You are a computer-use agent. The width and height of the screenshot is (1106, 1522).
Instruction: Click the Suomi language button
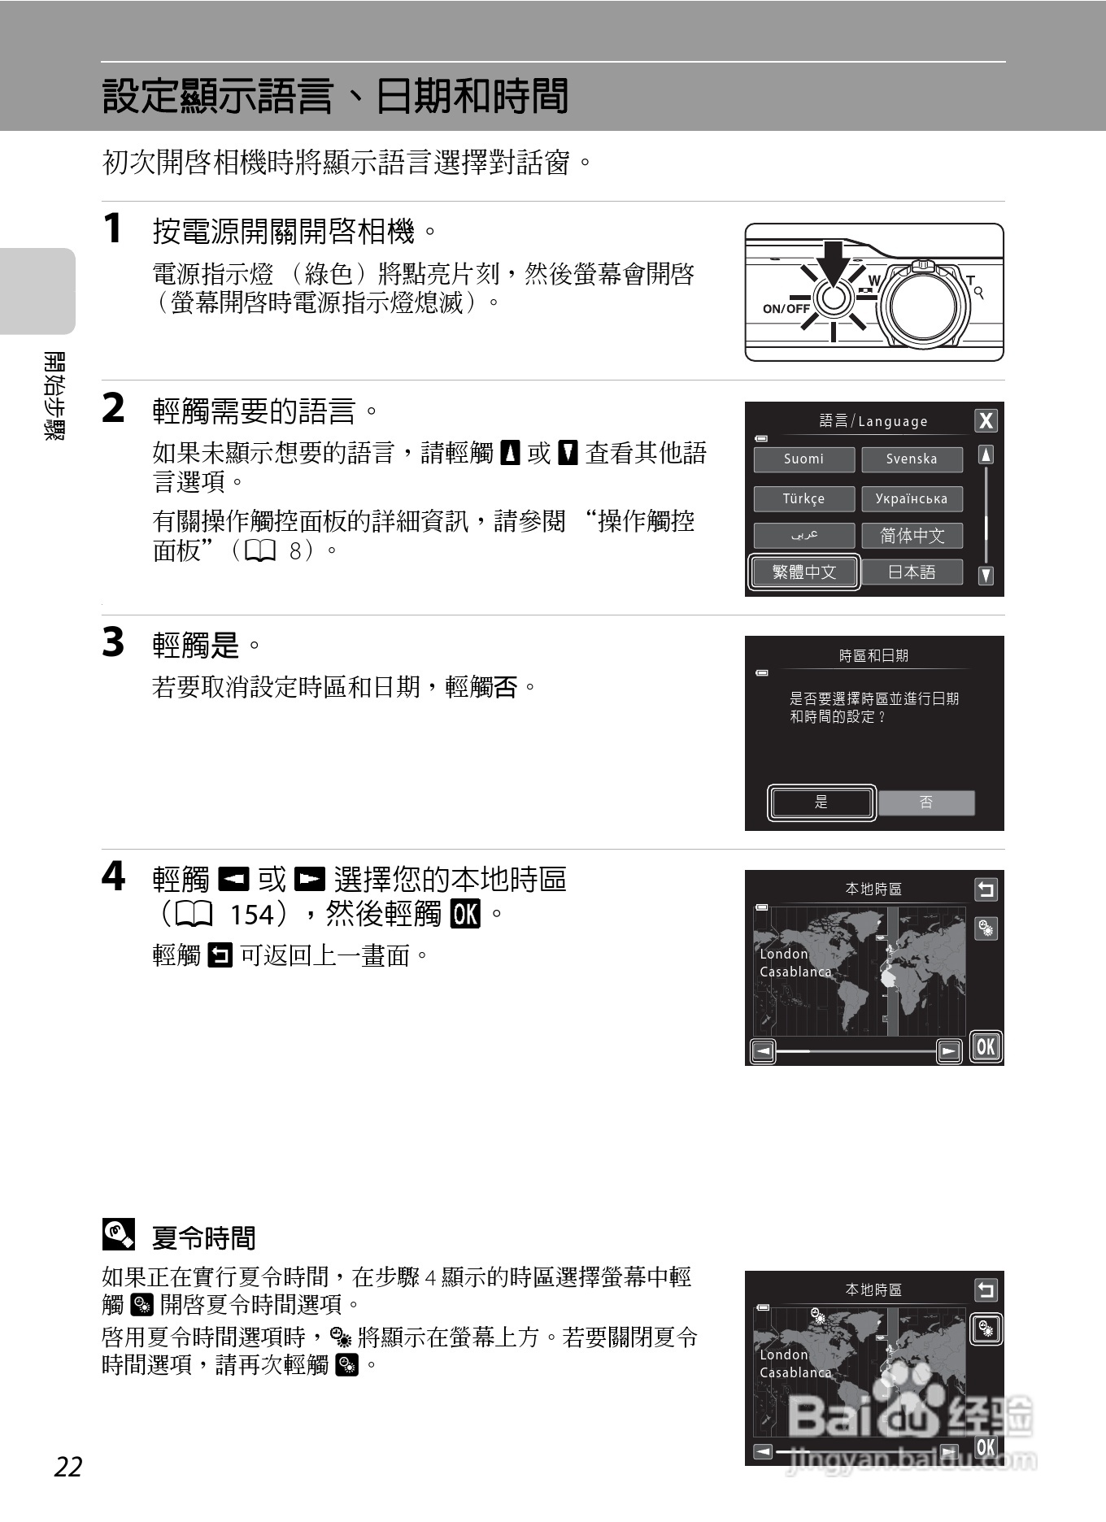(x=803, y=459)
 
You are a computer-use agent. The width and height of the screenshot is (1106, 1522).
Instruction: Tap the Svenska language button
(x=912, y=459)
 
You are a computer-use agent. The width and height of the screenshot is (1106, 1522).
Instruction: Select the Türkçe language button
(x=803, y=498)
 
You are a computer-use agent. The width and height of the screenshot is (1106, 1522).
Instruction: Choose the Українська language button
(x=912, y=498)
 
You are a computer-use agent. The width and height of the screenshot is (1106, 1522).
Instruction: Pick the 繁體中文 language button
(x=803, y=572)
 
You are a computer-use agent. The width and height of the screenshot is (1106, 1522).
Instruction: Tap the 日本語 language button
(x=912, y=572)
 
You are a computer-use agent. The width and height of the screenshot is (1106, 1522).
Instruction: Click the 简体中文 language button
(x=912, y=536)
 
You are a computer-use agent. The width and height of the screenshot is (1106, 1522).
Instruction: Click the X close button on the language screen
(x=986, y=420)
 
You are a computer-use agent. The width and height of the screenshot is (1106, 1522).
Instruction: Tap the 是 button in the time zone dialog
(x=821, y=802)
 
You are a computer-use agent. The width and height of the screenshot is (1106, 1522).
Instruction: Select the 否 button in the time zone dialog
(x=926, y=802)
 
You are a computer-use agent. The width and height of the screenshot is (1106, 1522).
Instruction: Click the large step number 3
(x=113, y=642)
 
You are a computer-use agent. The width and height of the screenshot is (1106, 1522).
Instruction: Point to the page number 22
(x=68, y=1467)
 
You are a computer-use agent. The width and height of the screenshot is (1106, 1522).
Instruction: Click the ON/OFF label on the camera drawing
(x=786, y=309)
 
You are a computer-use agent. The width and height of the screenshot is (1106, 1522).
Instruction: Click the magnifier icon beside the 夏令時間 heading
(x=119, y=1235)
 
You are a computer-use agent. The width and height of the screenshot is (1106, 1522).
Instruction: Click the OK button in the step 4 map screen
(x=986, y=1046)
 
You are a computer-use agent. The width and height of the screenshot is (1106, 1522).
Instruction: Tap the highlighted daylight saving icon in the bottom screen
(x=986, y=1329)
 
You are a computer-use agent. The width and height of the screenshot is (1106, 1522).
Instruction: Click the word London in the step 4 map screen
(x=784, y=954)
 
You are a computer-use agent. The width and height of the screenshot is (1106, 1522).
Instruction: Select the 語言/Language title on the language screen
(x=873, y=421)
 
